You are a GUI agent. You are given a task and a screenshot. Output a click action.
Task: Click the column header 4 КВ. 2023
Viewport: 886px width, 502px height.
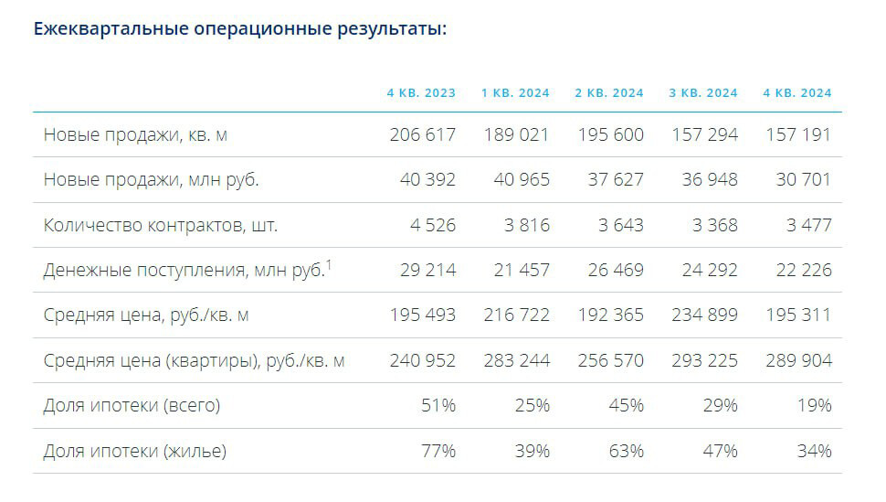[421, 93]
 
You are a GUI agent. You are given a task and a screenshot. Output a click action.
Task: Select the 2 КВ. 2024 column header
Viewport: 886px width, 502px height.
[609, 93]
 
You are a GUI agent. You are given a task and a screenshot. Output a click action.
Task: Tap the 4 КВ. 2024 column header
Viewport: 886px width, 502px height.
[797, 93]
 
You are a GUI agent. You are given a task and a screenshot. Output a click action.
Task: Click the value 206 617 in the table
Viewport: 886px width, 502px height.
[422, 134]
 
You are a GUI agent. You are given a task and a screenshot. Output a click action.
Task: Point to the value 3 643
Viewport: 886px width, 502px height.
[616, 225]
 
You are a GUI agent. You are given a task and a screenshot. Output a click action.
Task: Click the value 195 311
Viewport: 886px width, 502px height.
[797, 315]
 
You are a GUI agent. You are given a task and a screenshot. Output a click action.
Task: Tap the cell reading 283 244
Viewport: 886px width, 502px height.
[516, 360]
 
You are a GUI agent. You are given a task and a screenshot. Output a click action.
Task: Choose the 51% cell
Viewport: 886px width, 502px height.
[438, 405]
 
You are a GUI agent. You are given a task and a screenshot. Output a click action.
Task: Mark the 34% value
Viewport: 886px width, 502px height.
[814, 451]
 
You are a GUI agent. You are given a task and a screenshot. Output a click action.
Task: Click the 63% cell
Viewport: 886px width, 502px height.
[626, 451]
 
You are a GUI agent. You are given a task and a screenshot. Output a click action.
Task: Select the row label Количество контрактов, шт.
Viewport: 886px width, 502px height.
[161, 225]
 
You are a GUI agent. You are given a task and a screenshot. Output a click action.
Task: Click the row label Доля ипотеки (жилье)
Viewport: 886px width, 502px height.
[135, 451]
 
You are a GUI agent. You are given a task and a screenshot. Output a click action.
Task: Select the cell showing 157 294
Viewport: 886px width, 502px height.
[704, 134]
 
